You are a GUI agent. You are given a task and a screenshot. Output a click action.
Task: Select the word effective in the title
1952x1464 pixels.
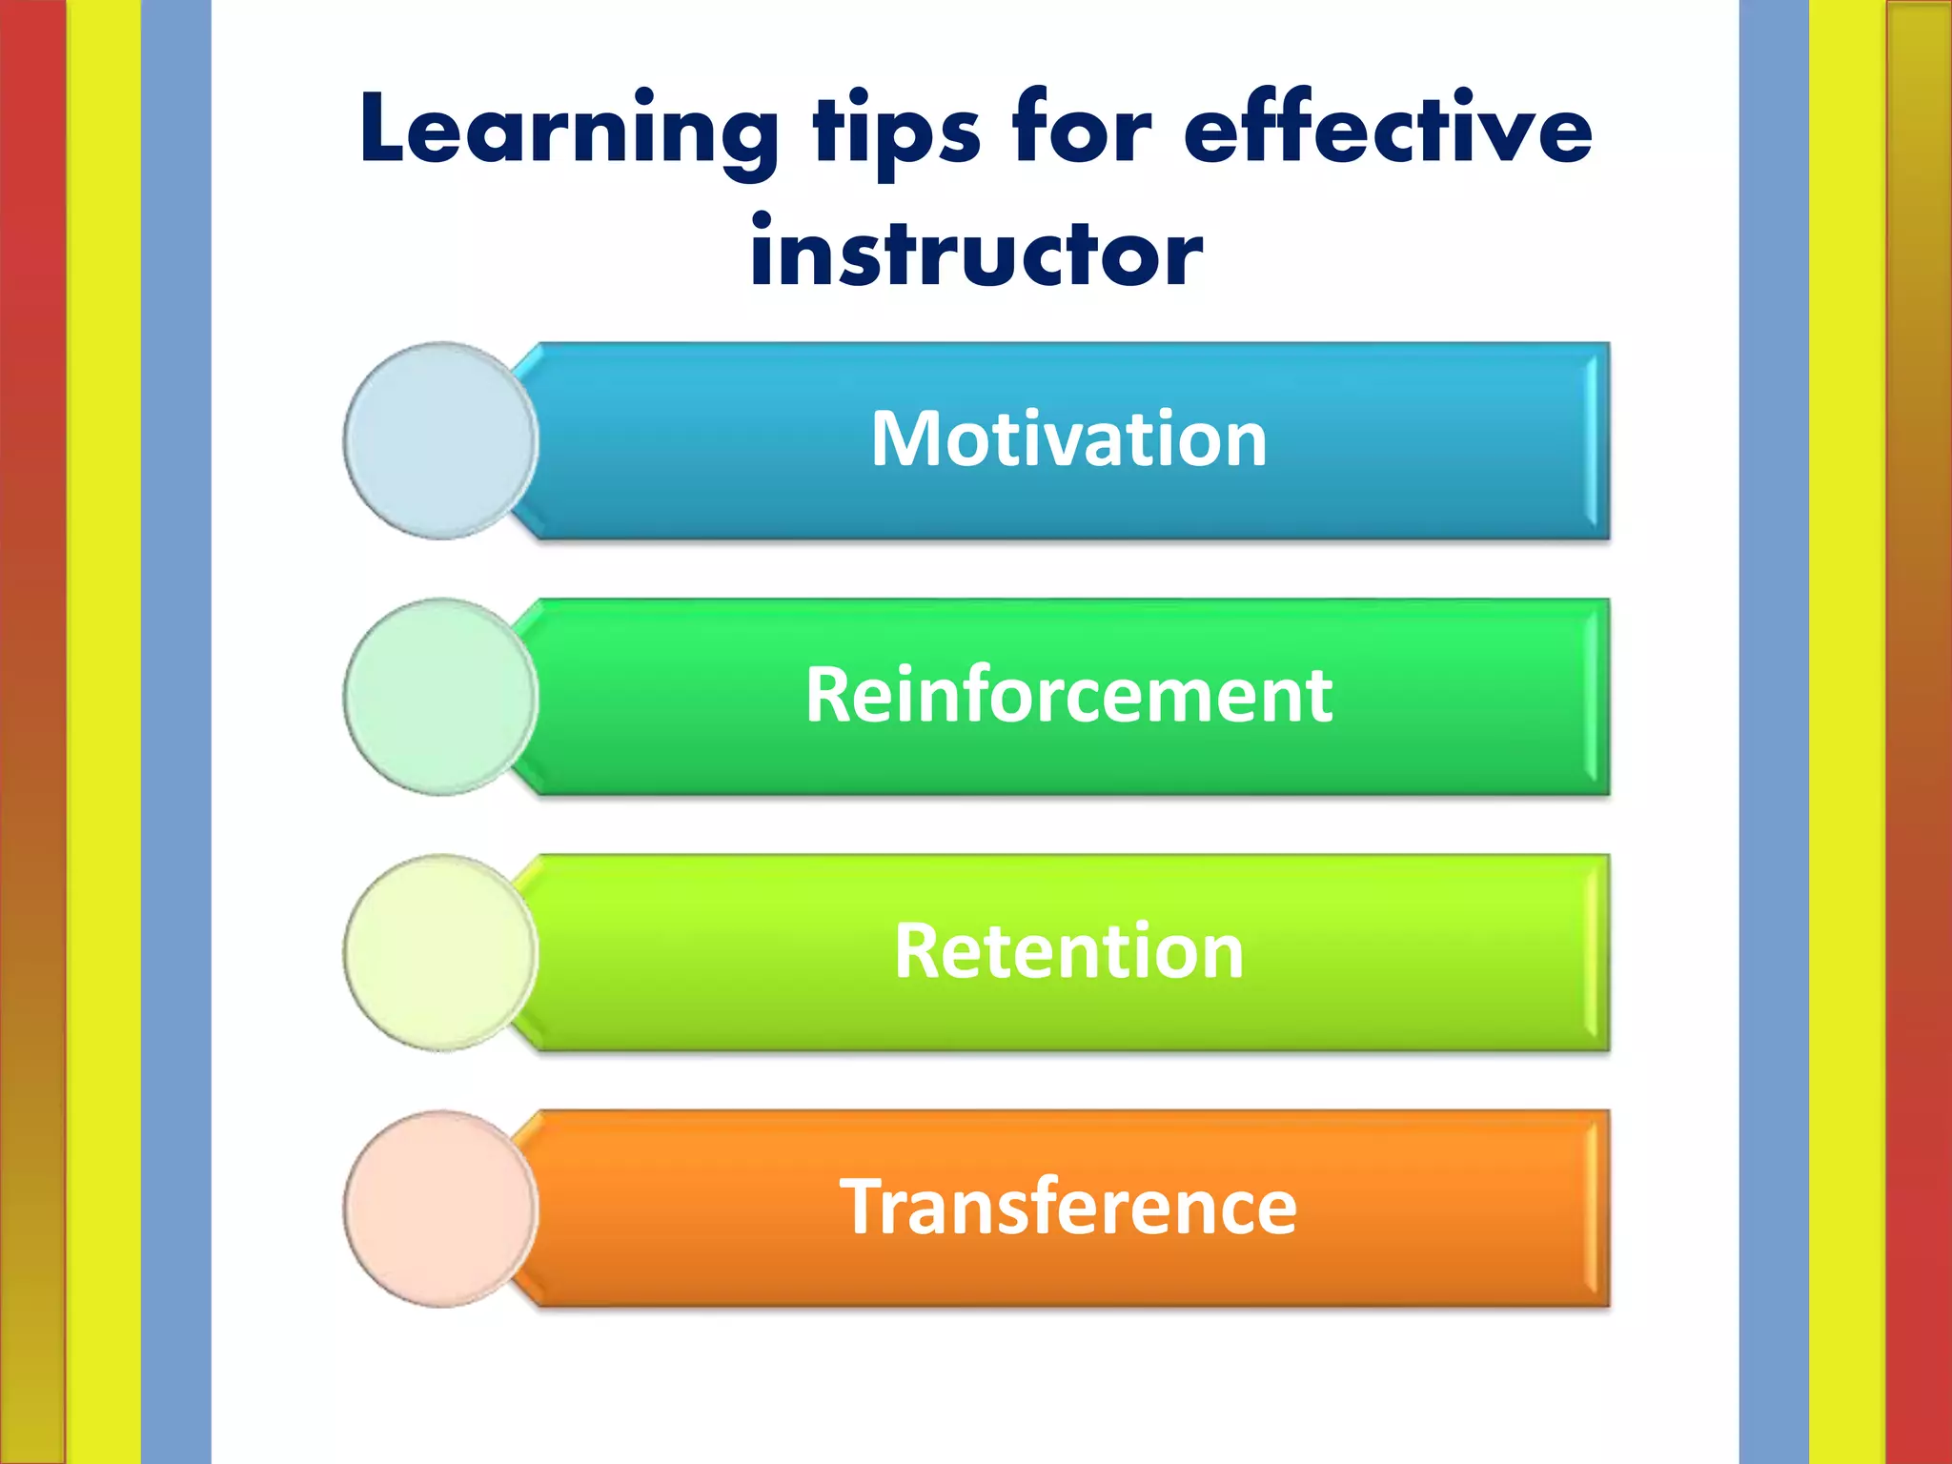click(1388, 129)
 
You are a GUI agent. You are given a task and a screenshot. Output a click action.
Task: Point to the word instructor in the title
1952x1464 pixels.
click(976, 254)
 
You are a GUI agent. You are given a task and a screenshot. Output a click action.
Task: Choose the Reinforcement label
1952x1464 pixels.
click(1068, 695)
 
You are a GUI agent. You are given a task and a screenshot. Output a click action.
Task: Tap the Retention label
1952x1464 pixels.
click(1068, 951)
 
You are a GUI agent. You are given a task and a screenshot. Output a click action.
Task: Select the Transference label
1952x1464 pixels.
click(1068, 1207)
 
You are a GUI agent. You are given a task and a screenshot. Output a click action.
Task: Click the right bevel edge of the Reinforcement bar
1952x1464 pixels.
click(1598, 697)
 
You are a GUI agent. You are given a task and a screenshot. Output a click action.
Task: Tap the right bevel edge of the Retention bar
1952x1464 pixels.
click(1598, 952)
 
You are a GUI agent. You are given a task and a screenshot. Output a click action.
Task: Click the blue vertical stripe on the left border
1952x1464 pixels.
click(176, 732)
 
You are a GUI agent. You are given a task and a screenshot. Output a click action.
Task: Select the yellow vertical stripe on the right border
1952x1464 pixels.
click(1846, 732)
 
